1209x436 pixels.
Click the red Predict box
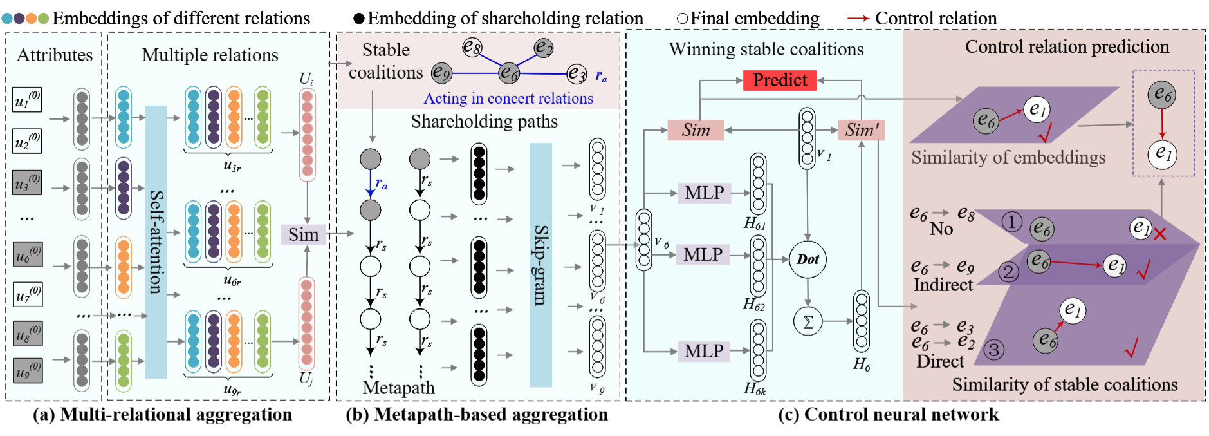tap(779, 80)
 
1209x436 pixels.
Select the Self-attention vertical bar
tap(156, 242)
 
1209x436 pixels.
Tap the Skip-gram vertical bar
tap(540, 265)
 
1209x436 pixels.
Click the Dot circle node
tap(808, 260)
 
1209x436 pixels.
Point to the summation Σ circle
tap(808, 321)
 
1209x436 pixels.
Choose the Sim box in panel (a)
tap(303, 234)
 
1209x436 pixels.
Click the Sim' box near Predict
tap(862, 130)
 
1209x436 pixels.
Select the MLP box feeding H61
tap(704, 193)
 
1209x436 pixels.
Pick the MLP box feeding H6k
tap(703, 351)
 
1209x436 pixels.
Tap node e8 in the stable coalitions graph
tap(472, 47)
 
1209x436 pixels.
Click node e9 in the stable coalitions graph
tap(441, 73)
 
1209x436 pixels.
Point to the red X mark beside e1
tap(1160, 234)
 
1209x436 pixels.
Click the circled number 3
tap(994, 350)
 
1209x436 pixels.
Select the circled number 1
tap(1011, 222)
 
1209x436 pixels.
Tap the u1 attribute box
tap(27, 100)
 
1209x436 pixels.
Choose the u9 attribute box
tap(28, 370)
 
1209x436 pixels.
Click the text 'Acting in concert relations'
tap(508, 99)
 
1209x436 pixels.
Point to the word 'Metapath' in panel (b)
tap(399, 388)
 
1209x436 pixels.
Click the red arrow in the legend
tap(858, 18)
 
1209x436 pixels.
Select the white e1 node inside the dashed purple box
tap(1162, 153)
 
